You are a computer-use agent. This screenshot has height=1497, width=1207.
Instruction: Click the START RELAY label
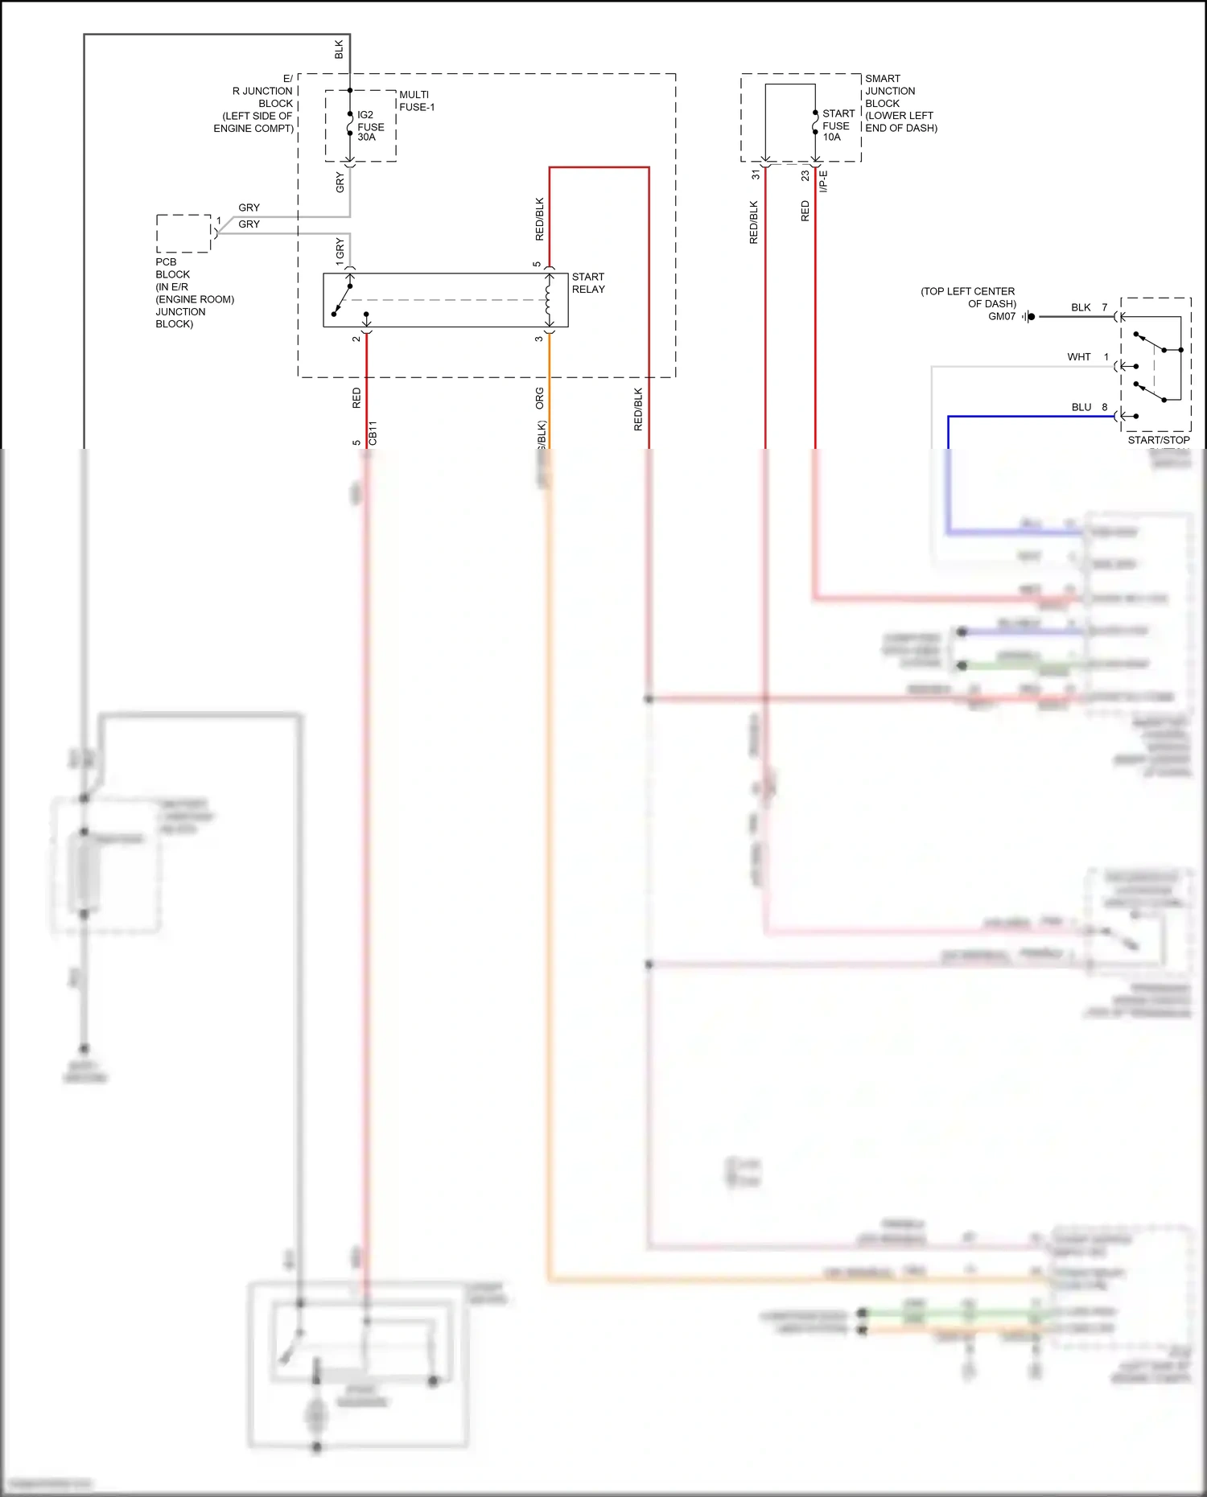click(x=587, y=283)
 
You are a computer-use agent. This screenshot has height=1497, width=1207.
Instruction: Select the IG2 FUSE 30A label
click(x=370, y=126)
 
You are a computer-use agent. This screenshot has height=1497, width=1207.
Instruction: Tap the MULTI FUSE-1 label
click(x=416, y=101)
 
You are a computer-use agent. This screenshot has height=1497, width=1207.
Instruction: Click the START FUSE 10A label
click(x=838, y=125)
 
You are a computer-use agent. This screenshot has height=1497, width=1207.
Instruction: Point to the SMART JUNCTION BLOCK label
click(x=900, y=103)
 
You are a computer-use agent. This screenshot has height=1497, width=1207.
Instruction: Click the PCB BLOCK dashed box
click(x=183, y=233)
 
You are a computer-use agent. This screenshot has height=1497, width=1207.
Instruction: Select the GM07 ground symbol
click(x=1029, y=317)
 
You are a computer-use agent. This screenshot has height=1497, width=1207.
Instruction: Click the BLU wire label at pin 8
click(x=1081, y=407)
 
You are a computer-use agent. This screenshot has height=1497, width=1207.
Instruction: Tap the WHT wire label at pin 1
click(x=1078, y=357)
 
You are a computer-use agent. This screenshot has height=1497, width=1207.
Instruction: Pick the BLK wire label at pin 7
click(x=1080, y=307)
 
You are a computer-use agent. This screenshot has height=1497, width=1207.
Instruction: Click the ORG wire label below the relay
click(x=540, y=397)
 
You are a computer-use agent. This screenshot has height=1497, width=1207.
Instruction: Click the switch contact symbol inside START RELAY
click(x=343, y=299)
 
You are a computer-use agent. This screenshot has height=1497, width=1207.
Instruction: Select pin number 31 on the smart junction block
click(x=756, y=175)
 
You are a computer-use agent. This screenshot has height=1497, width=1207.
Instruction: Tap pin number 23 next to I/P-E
click(x=805, y=175)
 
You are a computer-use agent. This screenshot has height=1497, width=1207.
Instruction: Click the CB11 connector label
click(x=373, y=433)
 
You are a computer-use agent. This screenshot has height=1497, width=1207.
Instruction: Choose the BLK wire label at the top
click(x=339, y=50)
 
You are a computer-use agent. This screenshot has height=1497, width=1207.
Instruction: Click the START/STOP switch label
click(x=1158, y=440)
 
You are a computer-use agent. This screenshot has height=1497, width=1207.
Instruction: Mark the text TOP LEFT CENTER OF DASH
click(x=968, y=298)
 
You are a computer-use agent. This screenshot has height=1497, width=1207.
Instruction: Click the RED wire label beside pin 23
click(x=805, y=212)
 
